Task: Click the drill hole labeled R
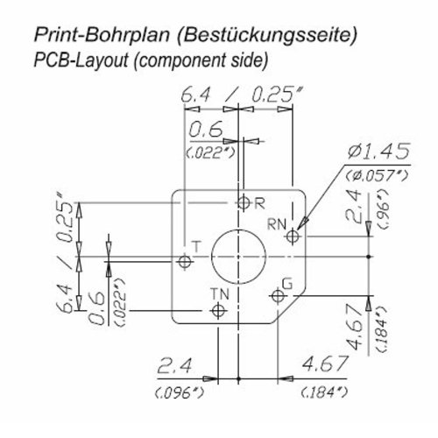coord(244,202)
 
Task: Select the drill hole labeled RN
coord(293,236)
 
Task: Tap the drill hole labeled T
coord(185,261)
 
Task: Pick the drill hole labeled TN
coord(218,310)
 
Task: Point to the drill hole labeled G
coord(278,296)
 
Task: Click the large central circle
coord(238,257)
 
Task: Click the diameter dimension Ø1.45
coord(378,152)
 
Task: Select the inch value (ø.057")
coord(377,176)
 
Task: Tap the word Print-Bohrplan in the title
coord(102,36)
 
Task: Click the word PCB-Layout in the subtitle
coord(81,60)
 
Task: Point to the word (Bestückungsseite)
coord(267,36)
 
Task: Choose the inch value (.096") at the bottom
coord(179,393)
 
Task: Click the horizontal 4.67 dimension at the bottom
coord(325,364)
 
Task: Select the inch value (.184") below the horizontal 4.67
coord(325,392)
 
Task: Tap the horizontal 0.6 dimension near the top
coord(206,130)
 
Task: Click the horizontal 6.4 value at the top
coord(195,95)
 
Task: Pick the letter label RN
coord(277,224)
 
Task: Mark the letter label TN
coord(220,294)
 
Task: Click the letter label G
coord(288,284)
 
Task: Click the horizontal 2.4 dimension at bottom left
coord(174,366)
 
